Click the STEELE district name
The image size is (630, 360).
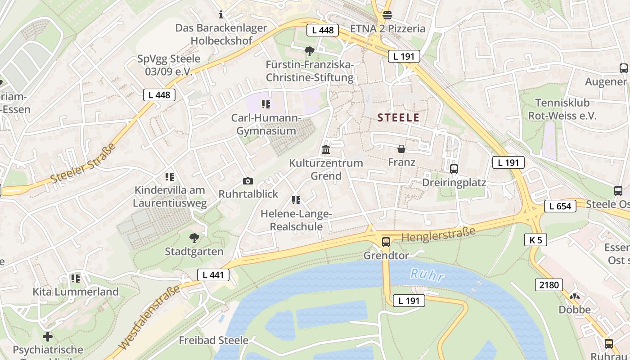398,118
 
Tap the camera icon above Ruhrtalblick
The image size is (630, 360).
247,181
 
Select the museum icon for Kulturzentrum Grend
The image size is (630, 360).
326,149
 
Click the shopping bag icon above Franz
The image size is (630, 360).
401,148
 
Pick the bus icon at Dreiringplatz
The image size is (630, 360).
454,169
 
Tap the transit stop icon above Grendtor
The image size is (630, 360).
386,242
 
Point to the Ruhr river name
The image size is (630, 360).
427,274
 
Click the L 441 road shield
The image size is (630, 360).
213,275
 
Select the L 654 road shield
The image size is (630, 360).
560,206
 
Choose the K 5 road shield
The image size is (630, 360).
535,240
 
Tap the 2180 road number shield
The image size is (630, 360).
549,284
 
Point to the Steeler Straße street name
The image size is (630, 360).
83,163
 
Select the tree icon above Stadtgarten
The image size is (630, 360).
194,238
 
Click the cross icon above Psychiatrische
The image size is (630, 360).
48,336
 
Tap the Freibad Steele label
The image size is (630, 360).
213,340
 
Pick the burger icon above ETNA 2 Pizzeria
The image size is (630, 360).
387,15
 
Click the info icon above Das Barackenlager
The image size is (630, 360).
220,15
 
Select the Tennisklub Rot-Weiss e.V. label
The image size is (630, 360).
562,109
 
